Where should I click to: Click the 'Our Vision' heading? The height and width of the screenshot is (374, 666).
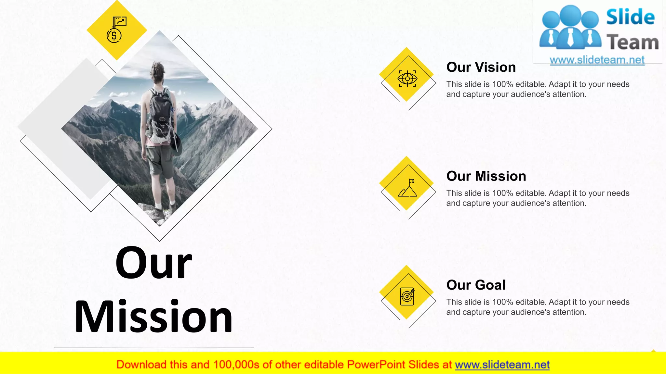[481, 67]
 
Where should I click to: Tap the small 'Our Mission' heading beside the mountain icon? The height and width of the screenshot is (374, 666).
[486, 176]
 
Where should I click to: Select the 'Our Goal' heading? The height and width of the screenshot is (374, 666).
[476, 285]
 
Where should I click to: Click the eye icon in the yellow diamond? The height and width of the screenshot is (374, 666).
[407, 79]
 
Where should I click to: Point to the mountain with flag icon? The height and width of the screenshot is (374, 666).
[407, 188]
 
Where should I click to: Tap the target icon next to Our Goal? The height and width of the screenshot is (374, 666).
[407, 296]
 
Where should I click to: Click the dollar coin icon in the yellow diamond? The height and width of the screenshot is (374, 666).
[114, 35]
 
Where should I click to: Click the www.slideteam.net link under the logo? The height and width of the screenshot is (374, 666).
[597, 60]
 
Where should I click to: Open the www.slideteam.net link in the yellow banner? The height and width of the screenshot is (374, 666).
[502, 365]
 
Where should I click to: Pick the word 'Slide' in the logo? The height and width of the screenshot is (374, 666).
[630, 17]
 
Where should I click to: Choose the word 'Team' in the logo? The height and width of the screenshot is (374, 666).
[633, 43]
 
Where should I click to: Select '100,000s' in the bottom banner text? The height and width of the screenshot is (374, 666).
[236, 365]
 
